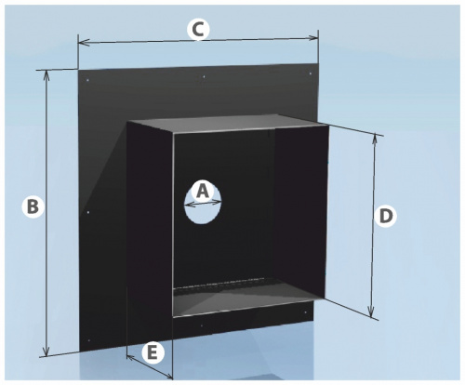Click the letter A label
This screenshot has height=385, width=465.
[203, 192]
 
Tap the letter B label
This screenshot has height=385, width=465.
[33, 206]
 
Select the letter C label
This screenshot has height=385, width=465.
[198, 31]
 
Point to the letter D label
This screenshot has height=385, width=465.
[386, 217]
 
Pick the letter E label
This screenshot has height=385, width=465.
[152, 353]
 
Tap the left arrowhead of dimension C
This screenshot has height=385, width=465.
[84, 43]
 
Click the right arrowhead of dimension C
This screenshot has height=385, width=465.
[312, 38]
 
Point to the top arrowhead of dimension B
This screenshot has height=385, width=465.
[46, 76]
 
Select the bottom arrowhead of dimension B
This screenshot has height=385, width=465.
[46, 351]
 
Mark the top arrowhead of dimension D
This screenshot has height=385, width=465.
[375, 140]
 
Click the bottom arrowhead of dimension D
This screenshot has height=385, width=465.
[371, 311]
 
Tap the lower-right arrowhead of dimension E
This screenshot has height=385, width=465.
[168, 376]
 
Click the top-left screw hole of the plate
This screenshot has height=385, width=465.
[87, 81]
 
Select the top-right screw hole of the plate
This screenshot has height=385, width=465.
[311, 73]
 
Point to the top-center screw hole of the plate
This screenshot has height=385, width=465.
[204, 76]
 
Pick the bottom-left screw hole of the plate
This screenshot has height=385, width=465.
[89, 340]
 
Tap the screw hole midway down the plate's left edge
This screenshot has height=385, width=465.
[88, 212]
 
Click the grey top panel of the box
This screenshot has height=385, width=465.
[227, 124]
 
